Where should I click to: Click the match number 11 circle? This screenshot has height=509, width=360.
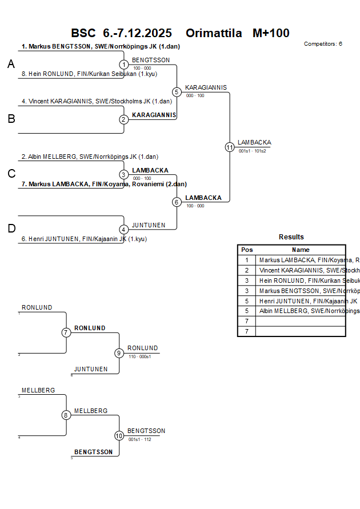point(230,147)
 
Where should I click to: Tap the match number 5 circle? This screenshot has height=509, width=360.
point(177,92)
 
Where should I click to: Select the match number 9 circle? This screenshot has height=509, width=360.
point(119,353)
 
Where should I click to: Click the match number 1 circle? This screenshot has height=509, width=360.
point(124,65)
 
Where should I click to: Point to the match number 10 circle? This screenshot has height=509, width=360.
point(119,435)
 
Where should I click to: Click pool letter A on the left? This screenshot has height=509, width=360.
point(11,65)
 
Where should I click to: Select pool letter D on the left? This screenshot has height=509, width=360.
point(11,229)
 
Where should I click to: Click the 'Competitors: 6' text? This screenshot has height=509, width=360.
point(323,43)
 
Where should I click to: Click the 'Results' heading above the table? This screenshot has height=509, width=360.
point(291,237)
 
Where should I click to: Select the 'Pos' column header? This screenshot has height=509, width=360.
point(247,250)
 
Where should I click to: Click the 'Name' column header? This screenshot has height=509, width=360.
point(301,250)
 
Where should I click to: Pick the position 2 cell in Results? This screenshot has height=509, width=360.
point(247,270)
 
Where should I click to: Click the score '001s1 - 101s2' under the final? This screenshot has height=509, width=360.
point(253,151)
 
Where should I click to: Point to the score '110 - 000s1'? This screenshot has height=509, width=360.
point(139,356)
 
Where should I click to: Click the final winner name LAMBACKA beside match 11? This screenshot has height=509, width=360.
point(254,142)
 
